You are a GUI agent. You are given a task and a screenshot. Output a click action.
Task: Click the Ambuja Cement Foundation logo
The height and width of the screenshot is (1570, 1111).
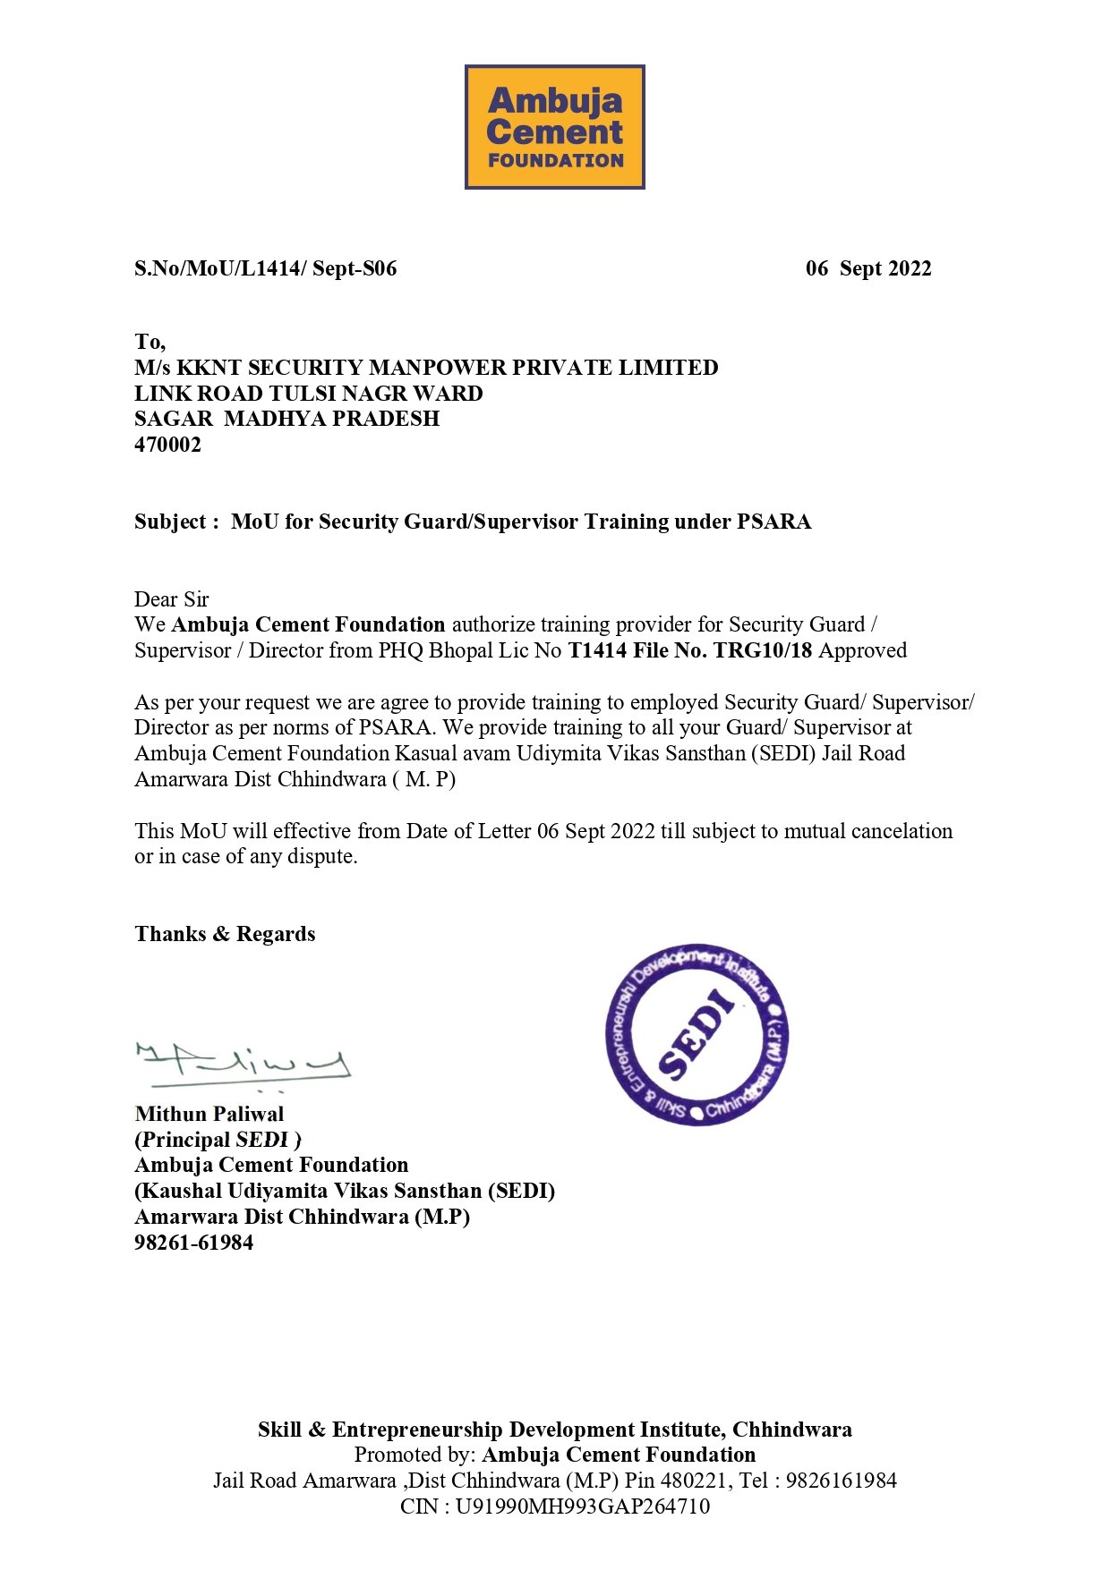coord(554,126)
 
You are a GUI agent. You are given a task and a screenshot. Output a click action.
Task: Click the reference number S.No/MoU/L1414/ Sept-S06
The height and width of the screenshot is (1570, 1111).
coord(265,268)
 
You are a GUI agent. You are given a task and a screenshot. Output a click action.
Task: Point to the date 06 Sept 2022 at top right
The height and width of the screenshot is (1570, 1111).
coord(867,268)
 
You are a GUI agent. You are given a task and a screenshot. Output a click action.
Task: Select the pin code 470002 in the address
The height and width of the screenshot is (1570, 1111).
coord(167,445)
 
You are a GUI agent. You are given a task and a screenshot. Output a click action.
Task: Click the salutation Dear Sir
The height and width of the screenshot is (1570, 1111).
coord(171,598)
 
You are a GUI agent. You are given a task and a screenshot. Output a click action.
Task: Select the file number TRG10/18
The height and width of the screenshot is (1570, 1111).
coord(763,650)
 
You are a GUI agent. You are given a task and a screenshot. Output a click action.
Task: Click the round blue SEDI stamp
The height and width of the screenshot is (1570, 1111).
coord(697,1034)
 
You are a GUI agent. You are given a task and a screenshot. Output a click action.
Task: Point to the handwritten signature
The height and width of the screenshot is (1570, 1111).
coord(242,1062)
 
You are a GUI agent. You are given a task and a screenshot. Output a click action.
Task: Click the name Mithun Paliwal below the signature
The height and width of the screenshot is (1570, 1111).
coord(209,1114)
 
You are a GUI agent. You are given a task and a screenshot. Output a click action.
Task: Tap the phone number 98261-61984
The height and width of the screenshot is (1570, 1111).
coord(193,1243)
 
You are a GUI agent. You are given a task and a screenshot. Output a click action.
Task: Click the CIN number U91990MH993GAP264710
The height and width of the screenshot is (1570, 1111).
coord(582,1506)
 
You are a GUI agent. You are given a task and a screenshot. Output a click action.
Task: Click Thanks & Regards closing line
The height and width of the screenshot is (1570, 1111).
coord(225,934)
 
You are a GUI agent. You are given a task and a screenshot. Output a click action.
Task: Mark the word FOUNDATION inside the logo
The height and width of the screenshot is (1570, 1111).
coord(555,161)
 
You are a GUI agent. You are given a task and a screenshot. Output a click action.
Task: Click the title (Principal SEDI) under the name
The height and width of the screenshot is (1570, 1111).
coord(218,1140)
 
